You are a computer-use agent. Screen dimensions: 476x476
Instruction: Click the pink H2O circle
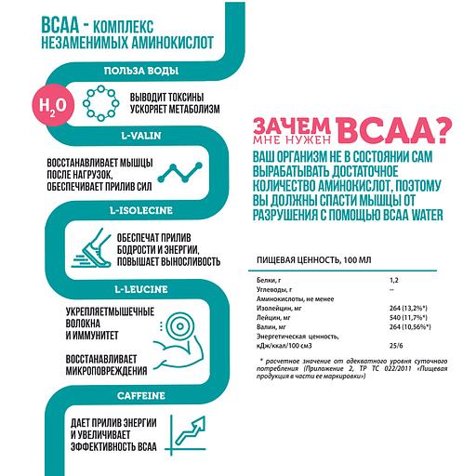46,104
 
